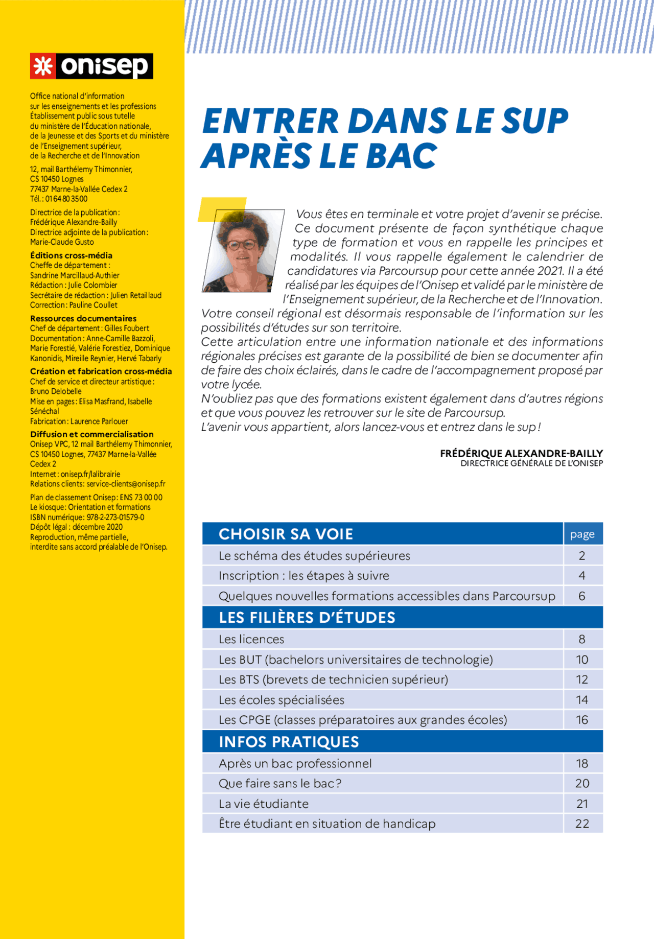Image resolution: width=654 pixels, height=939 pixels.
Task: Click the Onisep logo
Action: click(91, 66)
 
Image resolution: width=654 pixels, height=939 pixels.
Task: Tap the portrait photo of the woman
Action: click(243, 250)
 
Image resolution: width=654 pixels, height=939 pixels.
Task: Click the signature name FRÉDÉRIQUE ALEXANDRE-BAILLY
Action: click(521, 453)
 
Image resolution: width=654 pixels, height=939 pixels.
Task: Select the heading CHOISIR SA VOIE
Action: click(286, 534)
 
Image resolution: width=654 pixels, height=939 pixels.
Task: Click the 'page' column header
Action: click(582, 534)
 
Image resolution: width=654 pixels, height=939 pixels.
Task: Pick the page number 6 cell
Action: click(582, 596)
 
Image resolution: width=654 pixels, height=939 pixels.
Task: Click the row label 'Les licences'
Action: click(251, 639)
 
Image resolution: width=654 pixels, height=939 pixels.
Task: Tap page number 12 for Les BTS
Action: click(582, 679)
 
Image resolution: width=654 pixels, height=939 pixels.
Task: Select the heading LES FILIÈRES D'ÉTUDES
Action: click(307, 618)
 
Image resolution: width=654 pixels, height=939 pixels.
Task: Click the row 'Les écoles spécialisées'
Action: click(282, 700)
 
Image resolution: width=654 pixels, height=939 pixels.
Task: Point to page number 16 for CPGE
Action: click(582, 720)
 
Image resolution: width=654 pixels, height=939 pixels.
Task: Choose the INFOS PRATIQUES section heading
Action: click(289, 742)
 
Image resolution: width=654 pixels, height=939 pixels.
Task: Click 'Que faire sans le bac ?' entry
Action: click(280, 784)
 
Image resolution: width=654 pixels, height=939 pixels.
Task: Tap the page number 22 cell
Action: click(582, 824)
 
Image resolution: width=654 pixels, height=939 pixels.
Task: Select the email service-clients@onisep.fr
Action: click(126, 484)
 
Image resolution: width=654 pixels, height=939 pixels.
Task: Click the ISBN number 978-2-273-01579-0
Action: click(115, 517)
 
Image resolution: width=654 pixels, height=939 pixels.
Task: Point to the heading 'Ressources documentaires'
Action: click(83, 318)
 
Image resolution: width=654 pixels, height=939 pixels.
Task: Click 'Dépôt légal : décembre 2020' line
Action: click(76, 527)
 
